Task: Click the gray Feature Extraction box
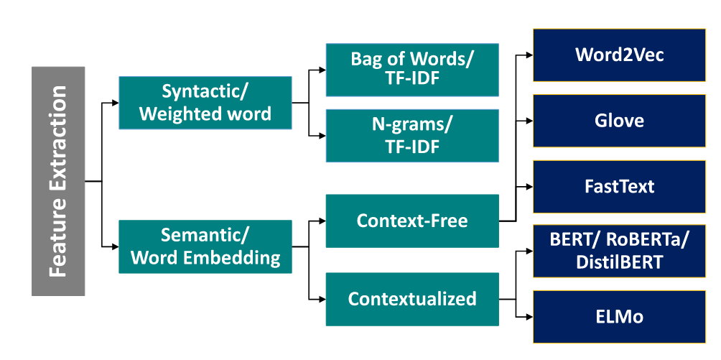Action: click(58, 181)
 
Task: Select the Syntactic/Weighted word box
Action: click(205, 103)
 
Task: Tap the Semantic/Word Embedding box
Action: click(205, 246)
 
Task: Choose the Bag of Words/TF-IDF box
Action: click(412, 70)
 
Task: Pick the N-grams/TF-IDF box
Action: click(412, 135)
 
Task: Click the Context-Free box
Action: click(412, 221)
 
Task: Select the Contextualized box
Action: click(412, 299)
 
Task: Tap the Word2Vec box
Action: click(619, 55)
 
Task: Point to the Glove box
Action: click(619, 120)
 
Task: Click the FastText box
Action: click(619, 187)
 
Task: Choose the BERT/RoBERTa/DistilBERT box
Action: click(619, 251)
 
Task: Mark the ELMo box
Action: click(619, 317)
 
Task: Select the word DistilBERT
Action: click(619, 262)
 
